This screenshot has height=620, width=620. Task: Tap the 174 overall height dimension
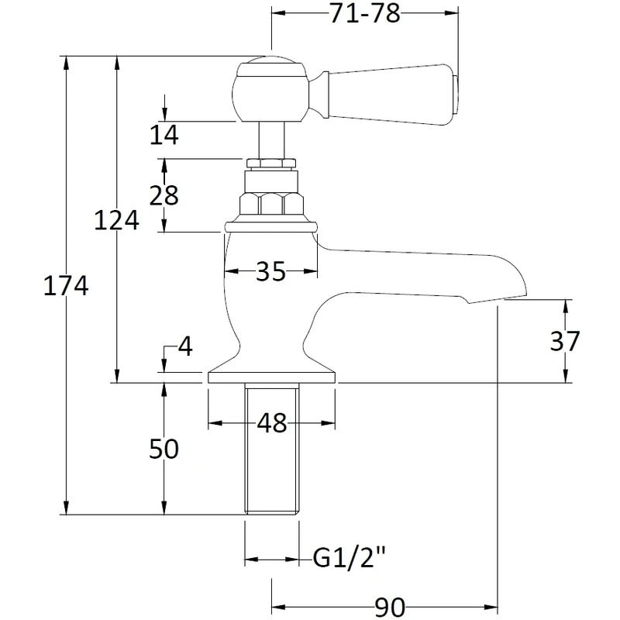[66, 286]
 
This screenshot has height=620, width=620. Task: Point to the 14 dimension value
[164, 135]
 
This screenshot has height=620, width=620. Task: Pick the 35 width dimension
[270, 272]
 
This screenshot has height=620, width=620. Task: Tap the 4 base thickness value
[184, 346]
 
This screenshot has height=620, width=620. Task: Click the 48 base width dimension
[271, 423]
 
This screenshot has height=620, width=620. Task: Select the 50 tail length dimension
[163, 449]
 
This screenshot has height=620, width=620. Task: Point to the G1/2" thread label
[350, 557]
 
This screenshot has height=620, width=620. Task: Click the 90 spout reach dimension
[385, 608]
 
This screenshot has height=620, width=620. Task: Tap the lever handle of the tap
[391, 91]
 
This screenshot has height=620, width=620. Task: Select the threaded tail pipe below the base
[272, 449]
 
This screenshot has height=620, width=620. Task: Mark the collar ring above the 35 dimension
[270, 227]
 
